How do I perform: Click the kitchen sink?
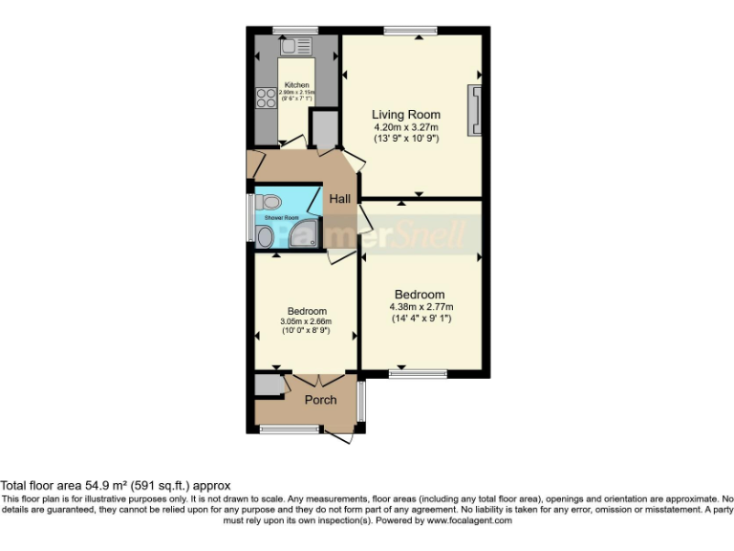[295, 46]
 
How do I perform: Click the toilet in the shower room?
[270, 202]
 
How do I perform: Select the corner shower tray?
[308, 235]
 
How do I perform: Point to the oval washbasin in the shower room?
[264, 235]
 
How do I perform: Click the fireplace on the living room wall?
[474, 110]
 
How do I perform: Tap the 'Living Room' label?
[406, 115]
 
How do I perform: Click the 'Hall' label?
[340, 199]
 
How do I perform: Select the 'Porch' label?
[320, 400]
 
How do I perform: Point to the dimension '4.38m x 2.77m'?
[420, 307]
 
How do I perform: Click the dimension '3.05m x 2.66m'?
[307, 322]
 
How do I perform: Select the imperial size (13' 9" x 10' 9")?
[406, 139]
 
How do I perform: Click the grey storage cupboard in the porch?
[267, 386]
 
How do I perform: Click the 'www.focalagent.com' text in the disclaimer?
[469, 520]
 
